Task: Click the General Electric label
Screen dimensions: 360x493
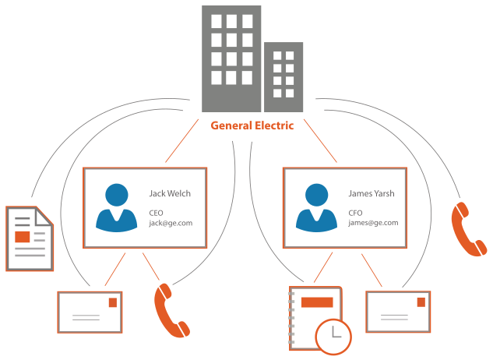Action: coord(252,125)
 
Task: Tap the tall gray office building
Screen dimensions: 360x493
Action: coord(231,58)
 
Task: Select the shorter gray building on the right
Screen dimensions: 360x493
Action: coord(283,76)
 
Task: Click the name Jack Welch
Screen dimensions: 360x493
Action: coord(171,192)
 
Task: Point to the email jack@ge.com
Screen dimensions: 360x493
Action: coord(171,222)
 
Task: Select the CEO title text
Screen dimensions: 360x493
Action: coord(157,211)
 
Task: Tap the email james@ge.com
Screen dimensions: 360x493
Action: coord(374,222)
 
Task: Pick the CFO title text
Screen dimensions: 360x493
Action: coord(357,211)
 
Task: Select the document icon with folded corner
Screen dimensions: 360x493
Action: coord(30,238)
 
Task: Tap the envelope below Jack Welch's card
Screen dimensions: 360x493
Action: coord(90,312)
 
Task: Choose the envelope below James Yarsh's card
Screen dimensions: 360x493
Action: coord(397,312)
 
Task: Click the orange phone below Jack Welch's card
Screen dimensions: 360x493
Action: coord(171,309)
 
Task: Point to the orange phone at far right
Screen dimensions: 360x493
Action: coord(467,229)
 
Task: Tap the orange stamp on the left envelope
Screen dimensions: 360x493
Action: coord(114,302)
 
